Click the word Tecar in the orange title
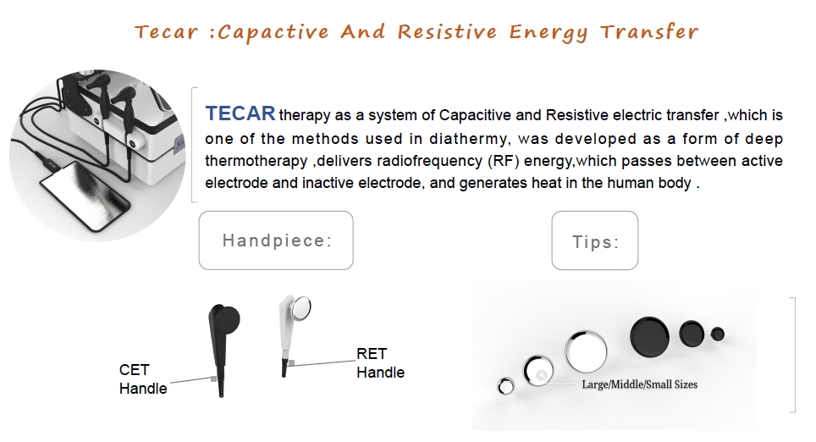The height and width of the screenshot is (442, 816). [x=167, y=32]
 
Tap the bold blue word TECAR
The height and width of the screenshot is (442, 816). [x=240, y=113]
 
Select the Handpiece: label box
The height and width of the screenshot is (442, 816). [x=276, y=240]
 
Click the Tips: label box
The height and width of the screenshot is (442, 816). [x=595, y=240]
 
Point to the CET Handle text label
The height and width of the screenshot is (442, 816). [x=143, y=379]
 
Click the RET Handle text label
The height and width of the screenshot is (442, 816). [x=380, y=363]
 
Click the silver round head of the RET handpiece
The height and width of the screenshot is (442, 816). [x=300, y=308]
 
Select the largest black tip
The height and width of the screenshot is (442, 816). [x=649, y=336]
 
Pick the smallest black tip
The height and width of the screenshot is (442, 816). [x=718, y=334]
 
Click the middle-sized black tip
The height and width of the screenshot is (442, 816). [x=692, y=334]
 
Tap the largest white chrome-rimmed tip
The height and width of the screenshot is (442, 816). [x=586, y=351]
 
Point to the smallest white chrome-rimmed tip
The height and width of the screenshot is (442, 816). [x=505, y=386]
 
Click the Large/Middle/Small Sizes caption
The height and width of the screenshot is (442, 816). [x=640, y=384]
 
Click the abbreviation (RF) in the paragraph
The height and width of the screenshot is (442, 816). [x=504, y=161]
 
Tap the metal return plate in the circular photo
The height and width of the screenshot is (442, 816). [x=85, y=196]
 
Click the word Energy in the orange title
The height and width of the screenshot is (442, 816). [x=549, y=33]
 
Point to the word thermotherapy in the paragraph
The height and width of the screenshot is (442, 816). [x=256, y=162]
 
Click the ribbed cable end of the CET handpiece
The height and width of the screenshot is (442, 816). [x=221, y=387]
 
